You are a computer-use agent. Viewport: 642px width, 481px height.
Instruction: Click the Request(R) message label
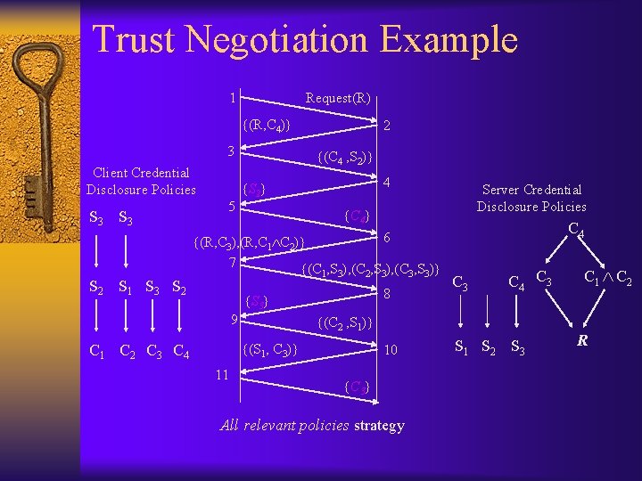point(338,98)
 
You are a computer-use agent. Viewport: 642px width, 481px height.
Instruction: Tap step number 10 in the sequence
point(391,351)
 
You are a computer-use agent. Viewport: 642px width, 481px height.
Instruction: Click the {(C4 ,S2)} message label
point(345,159)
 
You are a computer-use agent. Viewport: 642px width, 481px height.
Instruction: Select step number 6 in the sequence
point(387,239)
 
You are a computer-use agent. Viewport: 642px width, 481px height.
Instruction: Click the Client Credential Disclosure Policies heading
point(141,181)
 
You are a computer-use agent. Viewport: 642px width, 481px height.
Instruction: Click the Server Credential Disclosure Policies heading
point(531,198)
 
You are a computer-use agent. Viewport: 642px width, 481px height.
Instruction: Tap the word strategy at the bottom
point(379,426)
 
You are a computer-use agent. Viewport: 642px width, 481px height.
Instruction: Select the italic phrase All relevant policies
point(284,426)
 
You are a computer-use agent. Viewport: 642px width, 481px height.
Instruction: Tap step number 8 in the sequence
point(387,294)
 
